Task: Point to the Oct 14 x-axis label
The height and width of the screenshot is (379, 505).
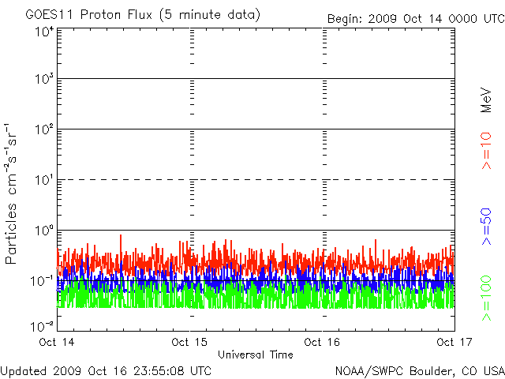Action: (x=57, y=342)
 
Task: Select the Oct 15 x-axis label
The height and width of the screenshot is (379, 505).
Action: (x=189, y=342)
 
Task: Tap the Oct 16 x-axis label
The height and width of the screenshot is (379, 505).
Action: (x=322, y=342)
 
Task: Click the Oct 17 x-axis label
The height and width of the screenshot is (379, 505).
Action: (x=454, y=342)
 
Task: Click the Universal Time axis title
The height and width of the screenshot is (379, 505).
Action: (x=256, y=355)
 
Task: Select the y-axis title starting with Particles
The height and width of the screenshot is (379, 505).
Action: (x=10, y=193)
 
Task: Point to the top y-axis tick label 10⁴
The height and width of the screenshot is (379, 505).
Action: (x=45, y=32)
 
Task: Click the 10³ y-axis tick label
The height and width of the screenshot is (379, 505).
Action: (x=45, y=78)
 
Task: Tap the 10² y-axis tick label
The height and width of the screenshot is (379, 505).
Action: (x=45, y=129)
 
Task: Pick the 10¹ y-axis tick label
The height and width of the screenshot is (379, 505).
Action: (x=45, y=180)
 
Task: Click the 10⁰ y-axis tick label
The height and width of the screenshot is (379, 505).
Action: (x=45, y=231)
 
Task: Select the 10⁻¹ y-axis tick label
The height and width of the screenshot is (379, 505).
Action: (x=43, y=281)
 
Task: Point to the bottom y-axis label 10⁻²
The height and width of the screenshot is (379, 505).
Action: (x=43, y=326)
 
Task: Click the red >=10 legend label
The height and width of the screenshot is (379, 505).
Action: (x=486, y=151)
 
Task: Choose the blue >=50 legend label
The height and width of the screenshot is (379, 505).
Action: (x=486, y=227)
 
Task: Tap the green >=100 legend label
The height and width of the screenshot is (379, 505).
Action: (x=486, y=298)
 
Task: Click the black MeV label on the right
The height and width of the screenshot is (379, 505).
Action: (x=486, y=100)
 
